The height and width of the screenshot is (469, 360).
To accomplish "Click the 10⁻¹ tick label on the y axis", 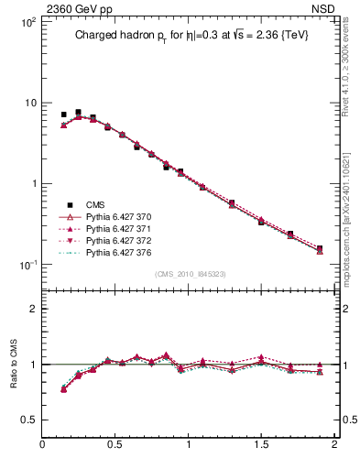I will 27,265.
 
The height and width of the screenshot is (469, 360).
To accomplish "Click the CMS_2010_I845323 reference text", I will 189,274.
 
